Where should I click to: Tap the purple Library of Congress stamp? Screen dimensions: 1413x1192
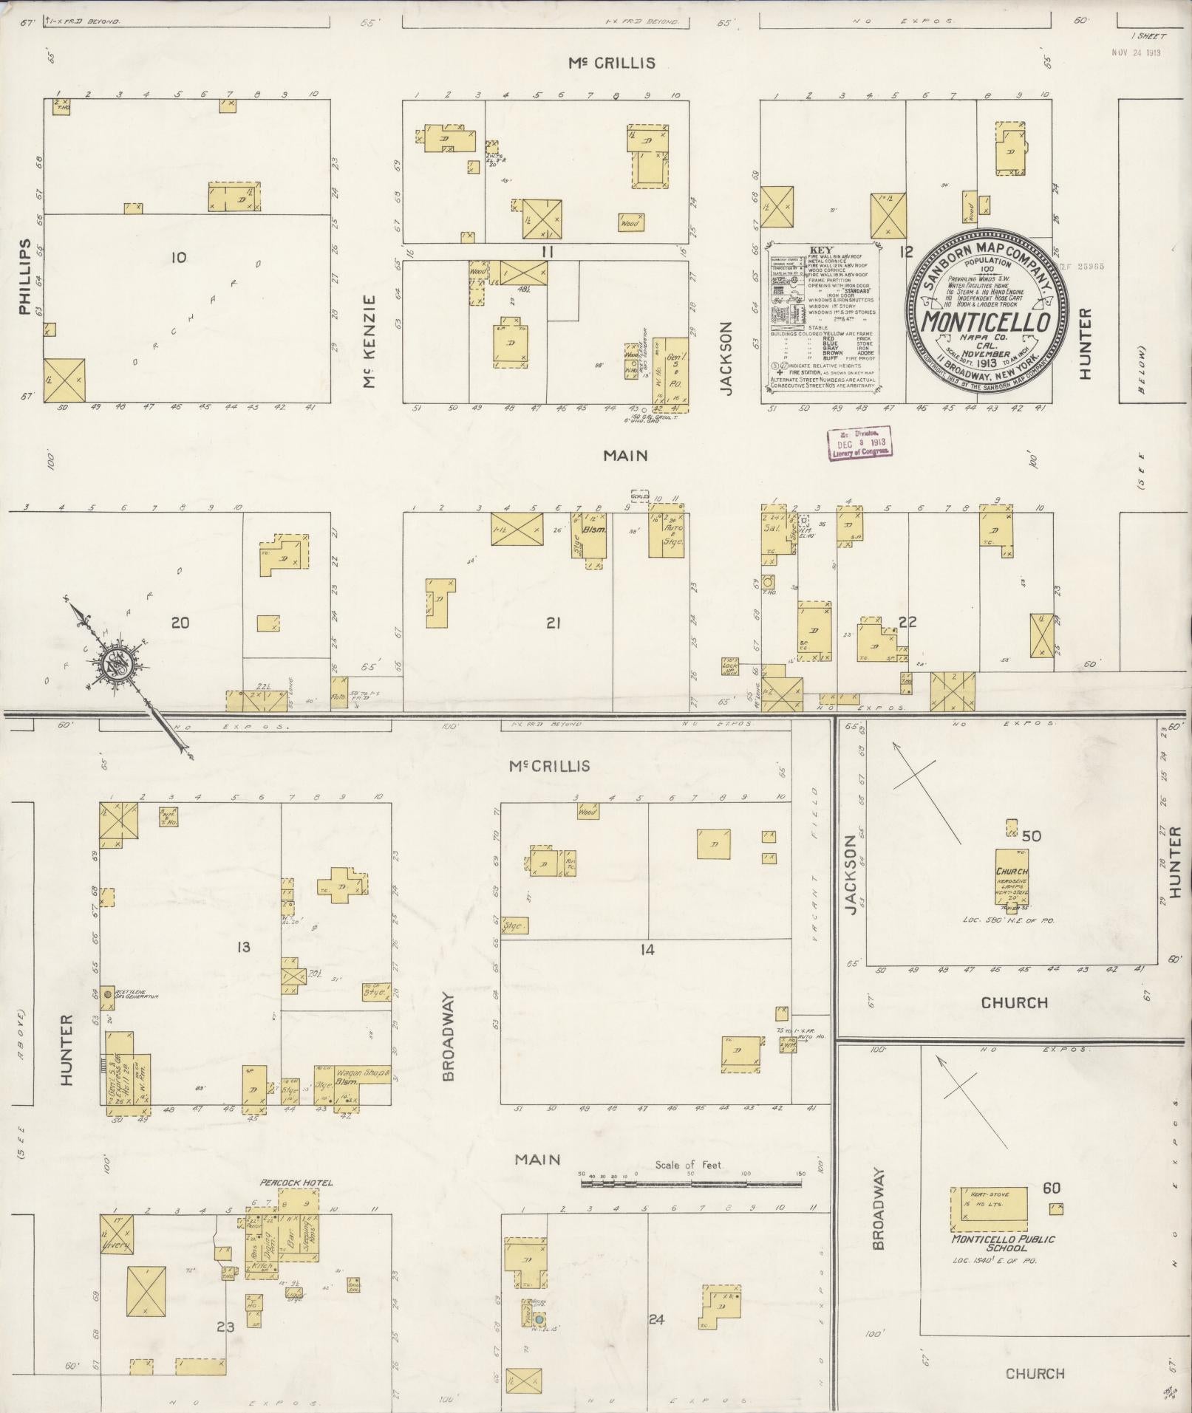pyautogui.click(x=858, y=444)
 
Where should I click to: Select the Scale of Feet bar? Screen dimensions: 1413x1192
pyautogui.click(x=691, y=1183)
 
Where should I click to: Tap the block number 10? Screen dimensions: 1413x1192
pyautogui.click(x=178, y=257)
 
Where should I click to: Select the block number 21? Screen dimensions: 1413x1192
pyautogui.click(x=553, y=623)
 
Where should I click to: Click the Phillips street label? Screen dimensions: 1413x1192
pyautogui.click(x=25, y=276)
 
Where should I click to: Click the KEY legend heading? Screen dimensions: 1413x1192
pyautogui.click(x=821, y=250)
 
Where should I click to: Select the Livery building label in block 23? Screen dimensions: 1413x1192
pyautogui.click(x=118, y=1247)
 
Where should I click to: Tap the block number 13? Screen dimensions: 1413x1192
pyautogui.click(x=244, y=948)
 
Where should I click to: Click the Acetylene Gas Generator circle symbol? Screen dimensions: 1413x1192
pyautogui.click(x=108, y=994)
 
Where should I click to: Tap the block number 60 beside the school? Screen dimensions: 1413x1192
pyautogui.click(x=1052, y=1188)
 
